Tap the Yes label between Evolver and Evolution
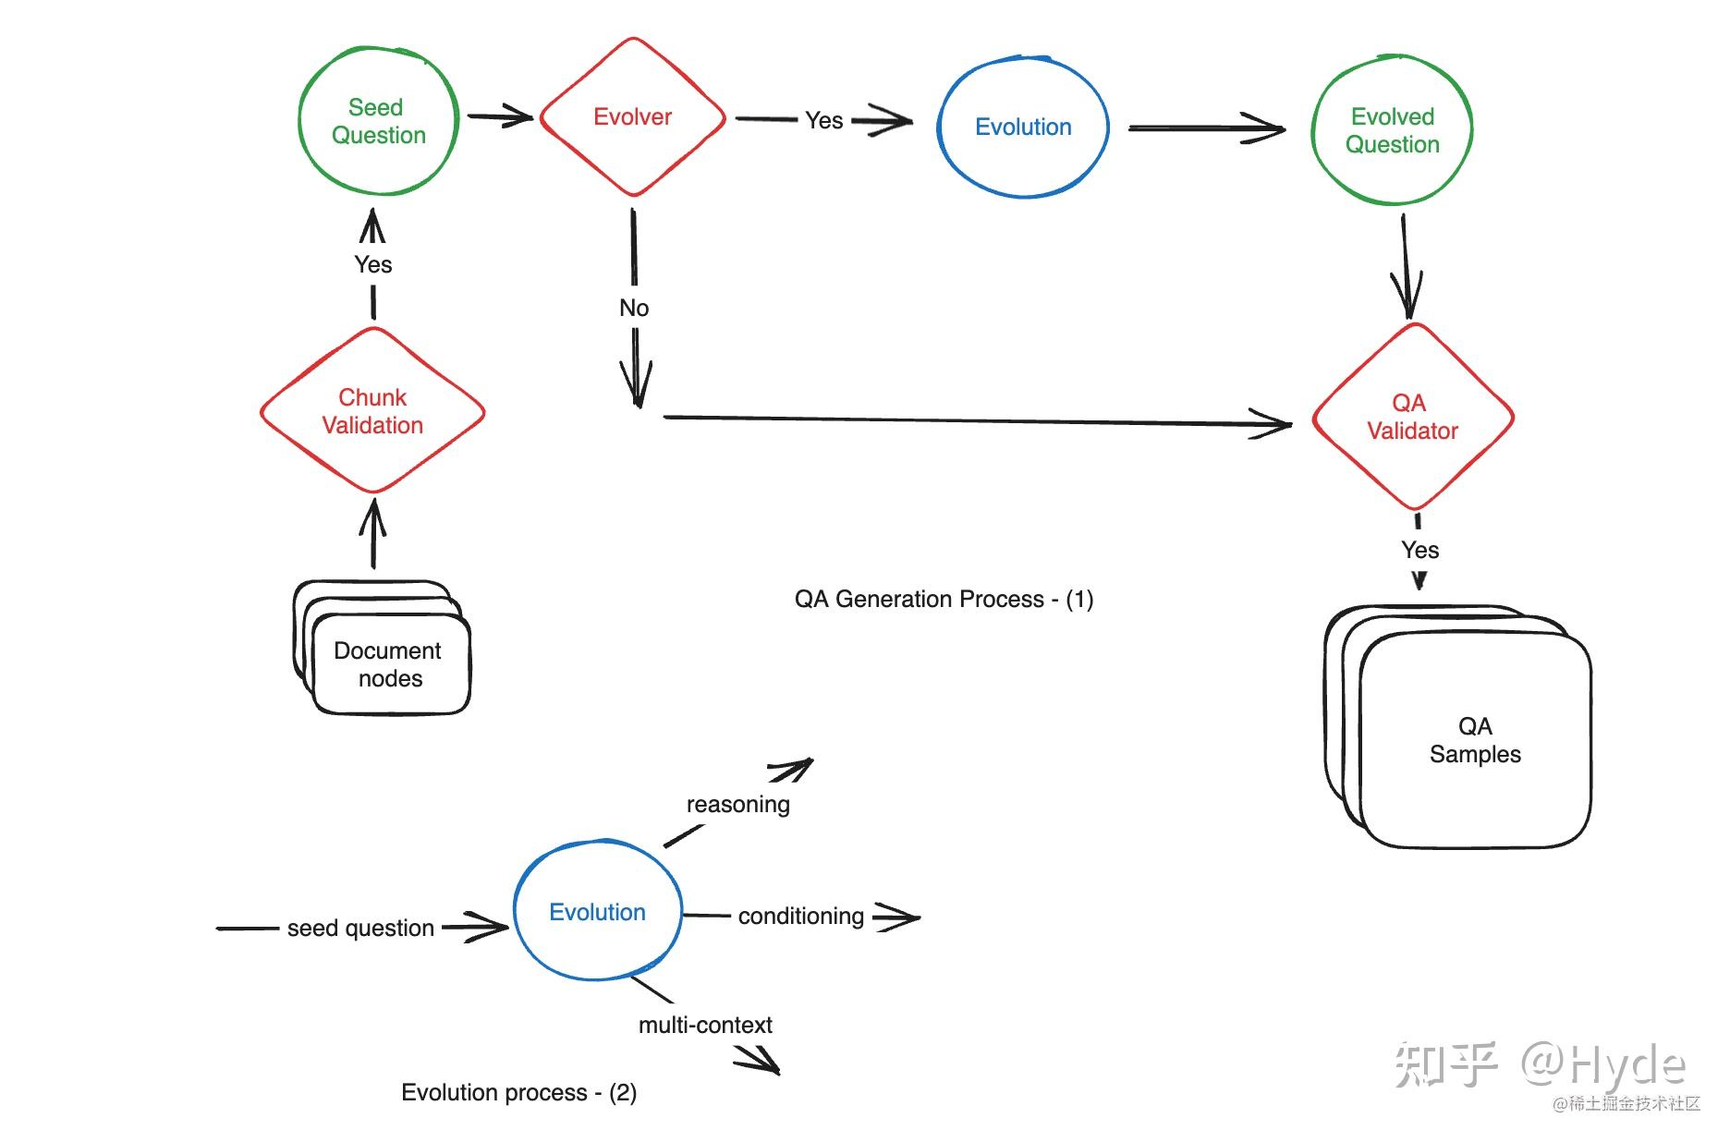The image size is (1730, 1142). coord(823,120)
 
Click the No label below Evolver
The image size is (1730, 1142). coord(634,308)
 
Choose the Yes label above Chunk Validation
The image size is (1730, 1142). coord(373,264)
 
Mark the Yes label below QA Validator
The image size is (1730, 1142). coord(1419,550)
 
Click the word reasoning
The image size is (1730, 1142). coord(738,805)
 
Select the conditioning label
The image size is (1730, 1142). coord(801,916)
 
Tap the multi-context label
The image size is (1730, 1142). coord(705,1025)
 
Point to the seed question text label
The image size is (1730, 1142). coord(360,928)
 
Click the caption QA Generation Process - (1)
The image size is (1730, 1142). coord(944,599)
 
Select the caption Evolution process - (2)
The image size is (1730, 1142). coord(518,1092)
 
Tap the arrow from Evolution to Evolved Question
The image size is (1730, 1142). coord(1207,128)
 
